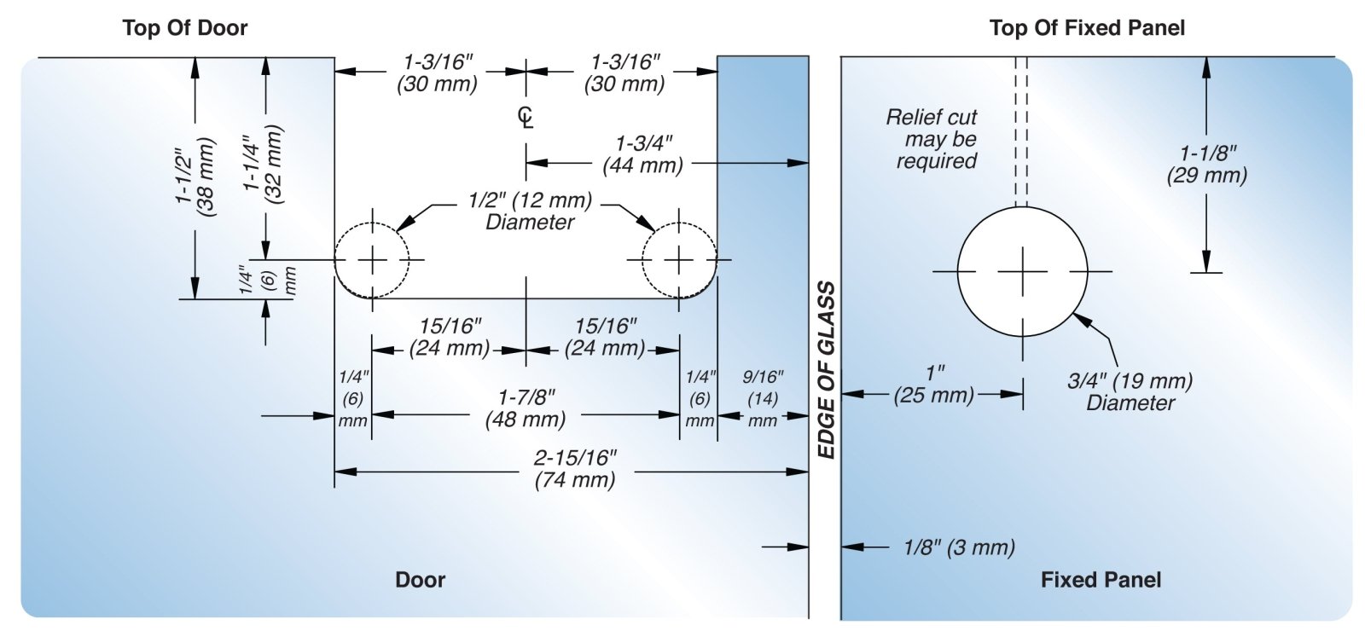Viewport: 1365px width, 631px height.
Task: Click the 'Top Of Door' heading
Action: [x=185, y=28]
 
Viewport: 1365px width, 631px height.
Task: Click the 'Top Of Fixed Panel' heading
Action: [x=1087, y=28]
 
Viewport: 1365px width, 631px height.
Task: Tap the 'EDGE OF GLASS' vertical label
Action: [x=826, y=371]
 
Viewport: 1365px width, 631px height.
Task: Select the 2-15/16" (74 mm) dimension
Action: [x=575, y=469]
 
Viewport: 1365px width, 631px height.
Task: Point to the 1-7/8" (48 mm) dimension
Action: [x=526, y=408]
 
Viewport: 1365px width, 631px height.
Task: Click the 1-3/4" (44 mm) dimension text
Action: [x=643, y=154]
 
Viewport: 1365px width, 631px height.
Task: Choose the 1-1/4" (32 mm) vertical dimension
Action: [x=263, y=163]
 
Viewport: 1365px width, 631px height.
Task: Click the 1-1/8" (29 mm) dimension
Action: [x=1207, y=165]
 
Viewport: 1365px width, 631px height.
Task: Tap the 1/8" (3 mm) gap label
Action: [x=959, y=547]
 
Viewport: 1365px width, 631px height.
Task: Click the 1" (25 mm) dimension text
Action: [x=934, y=385]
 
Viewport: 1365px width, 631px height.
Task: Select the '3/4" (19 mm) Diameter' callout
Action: [x=1130, y=391]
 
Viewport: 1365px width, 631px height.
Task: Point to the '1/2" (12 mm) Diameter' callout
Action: [x=530, y=211]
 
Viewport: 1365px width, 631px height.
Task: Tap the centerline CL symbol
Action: [x=526, y=118]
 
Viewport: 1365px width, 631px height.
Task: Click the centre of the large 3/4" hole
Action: [x=1022, y=271]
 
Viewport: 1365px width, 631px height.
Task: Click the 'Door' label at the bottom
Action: [x=420, y=580]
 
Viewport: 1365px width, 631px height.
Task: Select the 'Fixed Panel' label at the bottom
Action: [x=1101, y=580]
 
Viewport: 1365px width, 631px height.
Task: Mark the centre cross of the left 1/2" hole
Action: [x=372, y=259]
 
